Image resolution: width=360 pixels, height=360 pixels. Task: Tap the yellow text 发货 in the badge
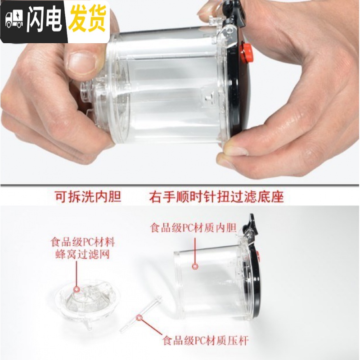click(x=87, y=19)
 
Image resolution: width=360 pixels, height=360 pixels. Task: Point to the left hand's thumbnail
click(x=81, y=62)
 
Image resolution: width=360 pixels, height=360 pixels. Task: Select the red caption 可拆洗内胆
click(x=88, y=197)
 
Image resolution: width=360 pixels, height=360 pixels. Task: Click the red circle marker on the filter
click(x=76, y=288)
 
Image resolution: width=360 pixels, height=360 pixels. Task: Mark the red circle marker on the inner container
click(x=195, y=266)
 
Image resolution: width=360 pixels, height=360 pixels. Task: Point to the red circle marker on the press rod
click(x=139, y=317)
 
